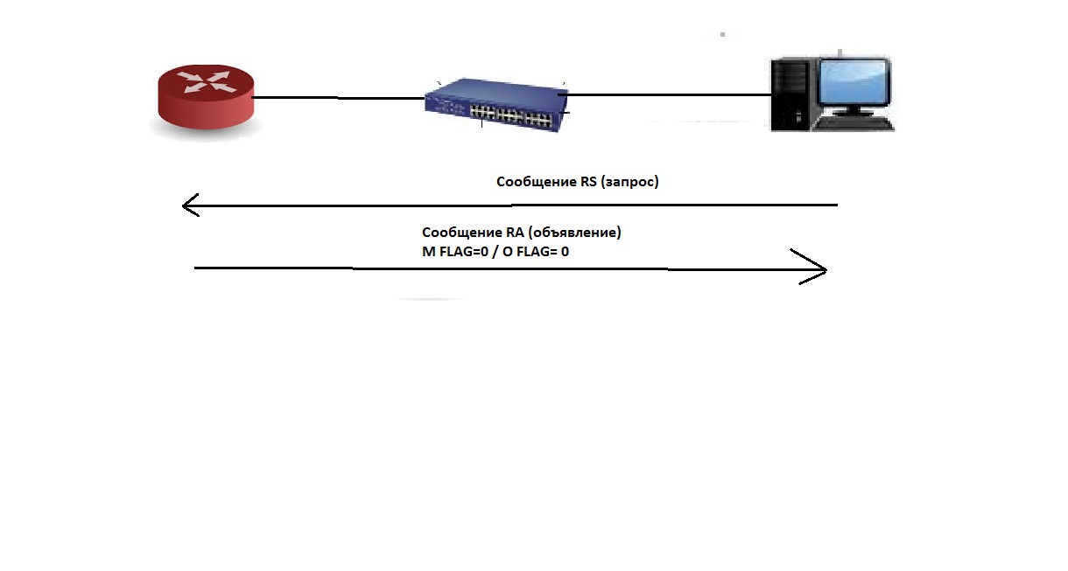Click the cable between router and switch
pyautogui.click(x=337, y=98)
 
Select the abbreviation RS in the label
pyautogui.click(x=589, y=182)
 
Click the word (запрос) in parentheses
pyautogui.click(x=630, y=182)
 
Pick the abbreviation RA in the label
pyautogui.click(x=515, y=233)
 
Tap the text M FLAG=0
pyautogui.click(x=454, y=251)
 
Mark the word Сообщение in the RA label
pyautogui.click(x=461, y=233)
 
